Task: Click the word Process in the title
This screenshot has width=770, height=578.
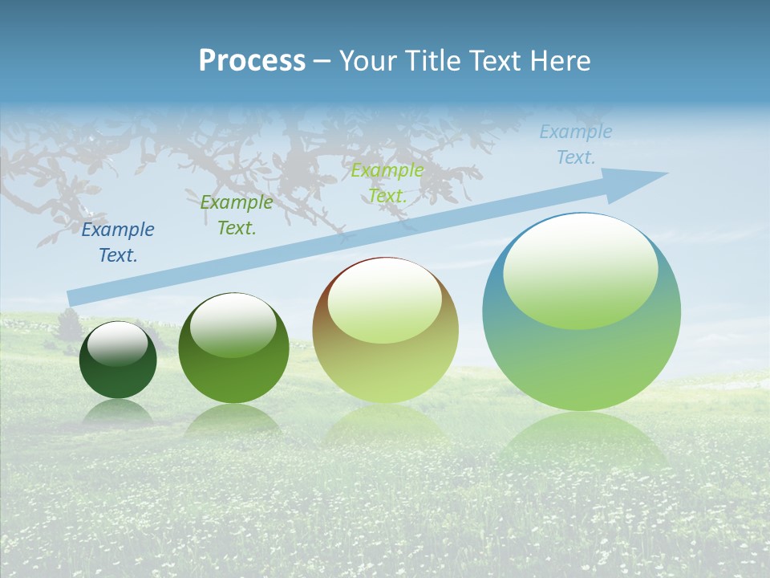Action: pos(252,61)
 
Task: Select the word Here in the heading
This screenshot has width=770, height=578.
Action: pos(561,61)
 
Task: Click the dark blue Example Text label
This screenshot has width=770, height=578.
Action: pos(118,242)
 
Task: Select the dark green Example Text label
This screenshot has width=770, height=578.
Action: pos(237,215)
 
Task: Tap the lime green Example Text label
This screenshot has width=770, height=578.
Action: pos(387,183)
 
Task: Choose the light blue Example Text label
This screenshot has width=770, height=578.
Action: pos(576,144)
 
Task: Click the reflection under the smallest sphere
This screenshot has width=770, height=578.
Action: pos(118,413)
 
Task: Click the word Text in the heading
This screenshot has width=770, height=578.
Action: pos(499,61)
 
